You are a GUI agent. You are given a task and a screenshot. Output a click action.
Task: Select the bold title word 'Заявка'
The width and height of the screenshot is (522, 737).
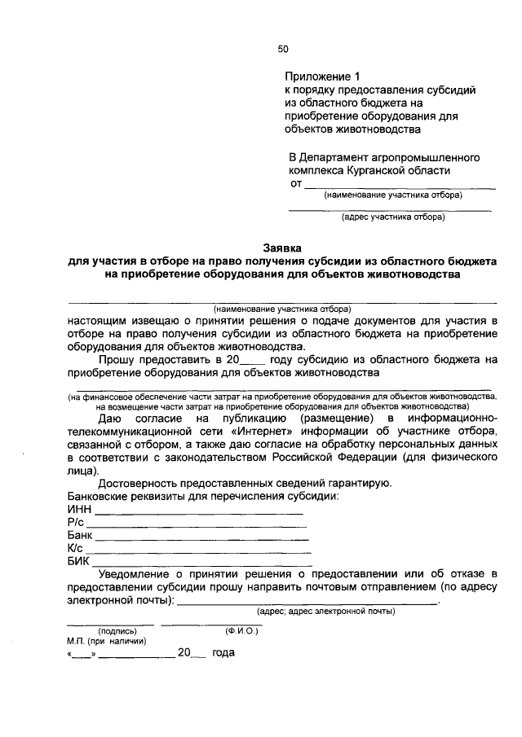(x=282, y=247)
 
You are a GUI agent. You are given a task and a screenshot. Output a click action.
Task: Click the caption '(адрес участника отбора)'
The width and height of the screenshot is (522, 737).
(x=392, y=217)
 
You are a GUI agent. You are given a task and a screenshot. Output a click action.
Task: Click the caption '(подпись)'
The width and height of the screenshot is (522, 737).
(x=117, y=630)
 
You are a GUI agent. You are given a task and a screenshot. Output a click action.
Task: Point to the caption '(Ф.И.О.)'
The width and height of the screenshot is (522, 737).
(x=241, y=630)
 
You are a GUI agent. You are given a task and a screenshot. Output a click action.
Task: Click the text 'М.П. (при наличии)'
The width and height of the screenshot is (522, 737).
(x=106, y=641)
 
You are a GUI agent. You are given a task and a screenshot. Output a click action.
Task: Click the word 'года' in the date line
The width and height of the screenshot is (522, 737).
(x=223, y=653)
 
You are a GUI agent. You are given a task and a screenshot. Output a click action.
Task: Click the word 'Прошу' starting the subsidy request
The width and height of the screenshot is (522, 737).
(x=117, y=359)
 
